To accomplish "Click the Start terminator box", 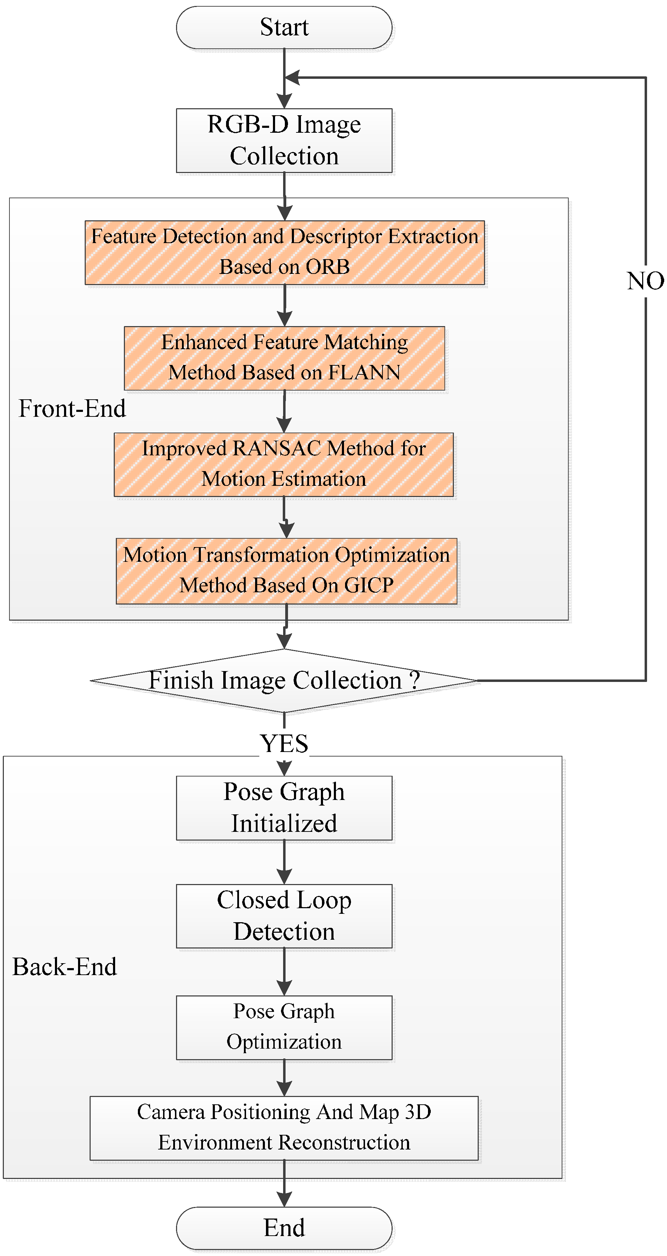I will (x=284, y=27).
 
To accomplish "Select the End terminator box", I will (x=284, y=1228).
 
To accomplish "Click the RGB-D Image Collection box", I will (x=284, y=140).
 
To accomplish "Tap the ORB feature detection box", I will (x=285, y=252).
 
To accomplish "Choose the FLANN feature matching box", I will (x=284, y=358).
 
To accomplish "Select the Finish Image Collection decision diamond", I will (x=284, y=680).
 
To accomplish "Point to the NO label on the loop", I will (x=645, y=281).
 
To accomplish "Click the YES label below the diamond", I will (x=284, y=744).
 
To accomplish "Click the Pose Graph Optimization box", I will (x=284, y=1027).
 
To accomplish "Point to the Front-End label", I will (x=72, y=409).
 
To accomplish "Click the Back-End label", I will (x=65, y=966).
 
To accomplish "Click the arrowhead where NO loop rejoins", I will (x=292, y=77).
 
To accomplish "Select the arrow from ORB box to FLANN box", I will (x=285, y=306).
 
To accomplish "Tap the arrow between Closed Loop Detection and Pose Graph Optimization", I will (x=284, y=972).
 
